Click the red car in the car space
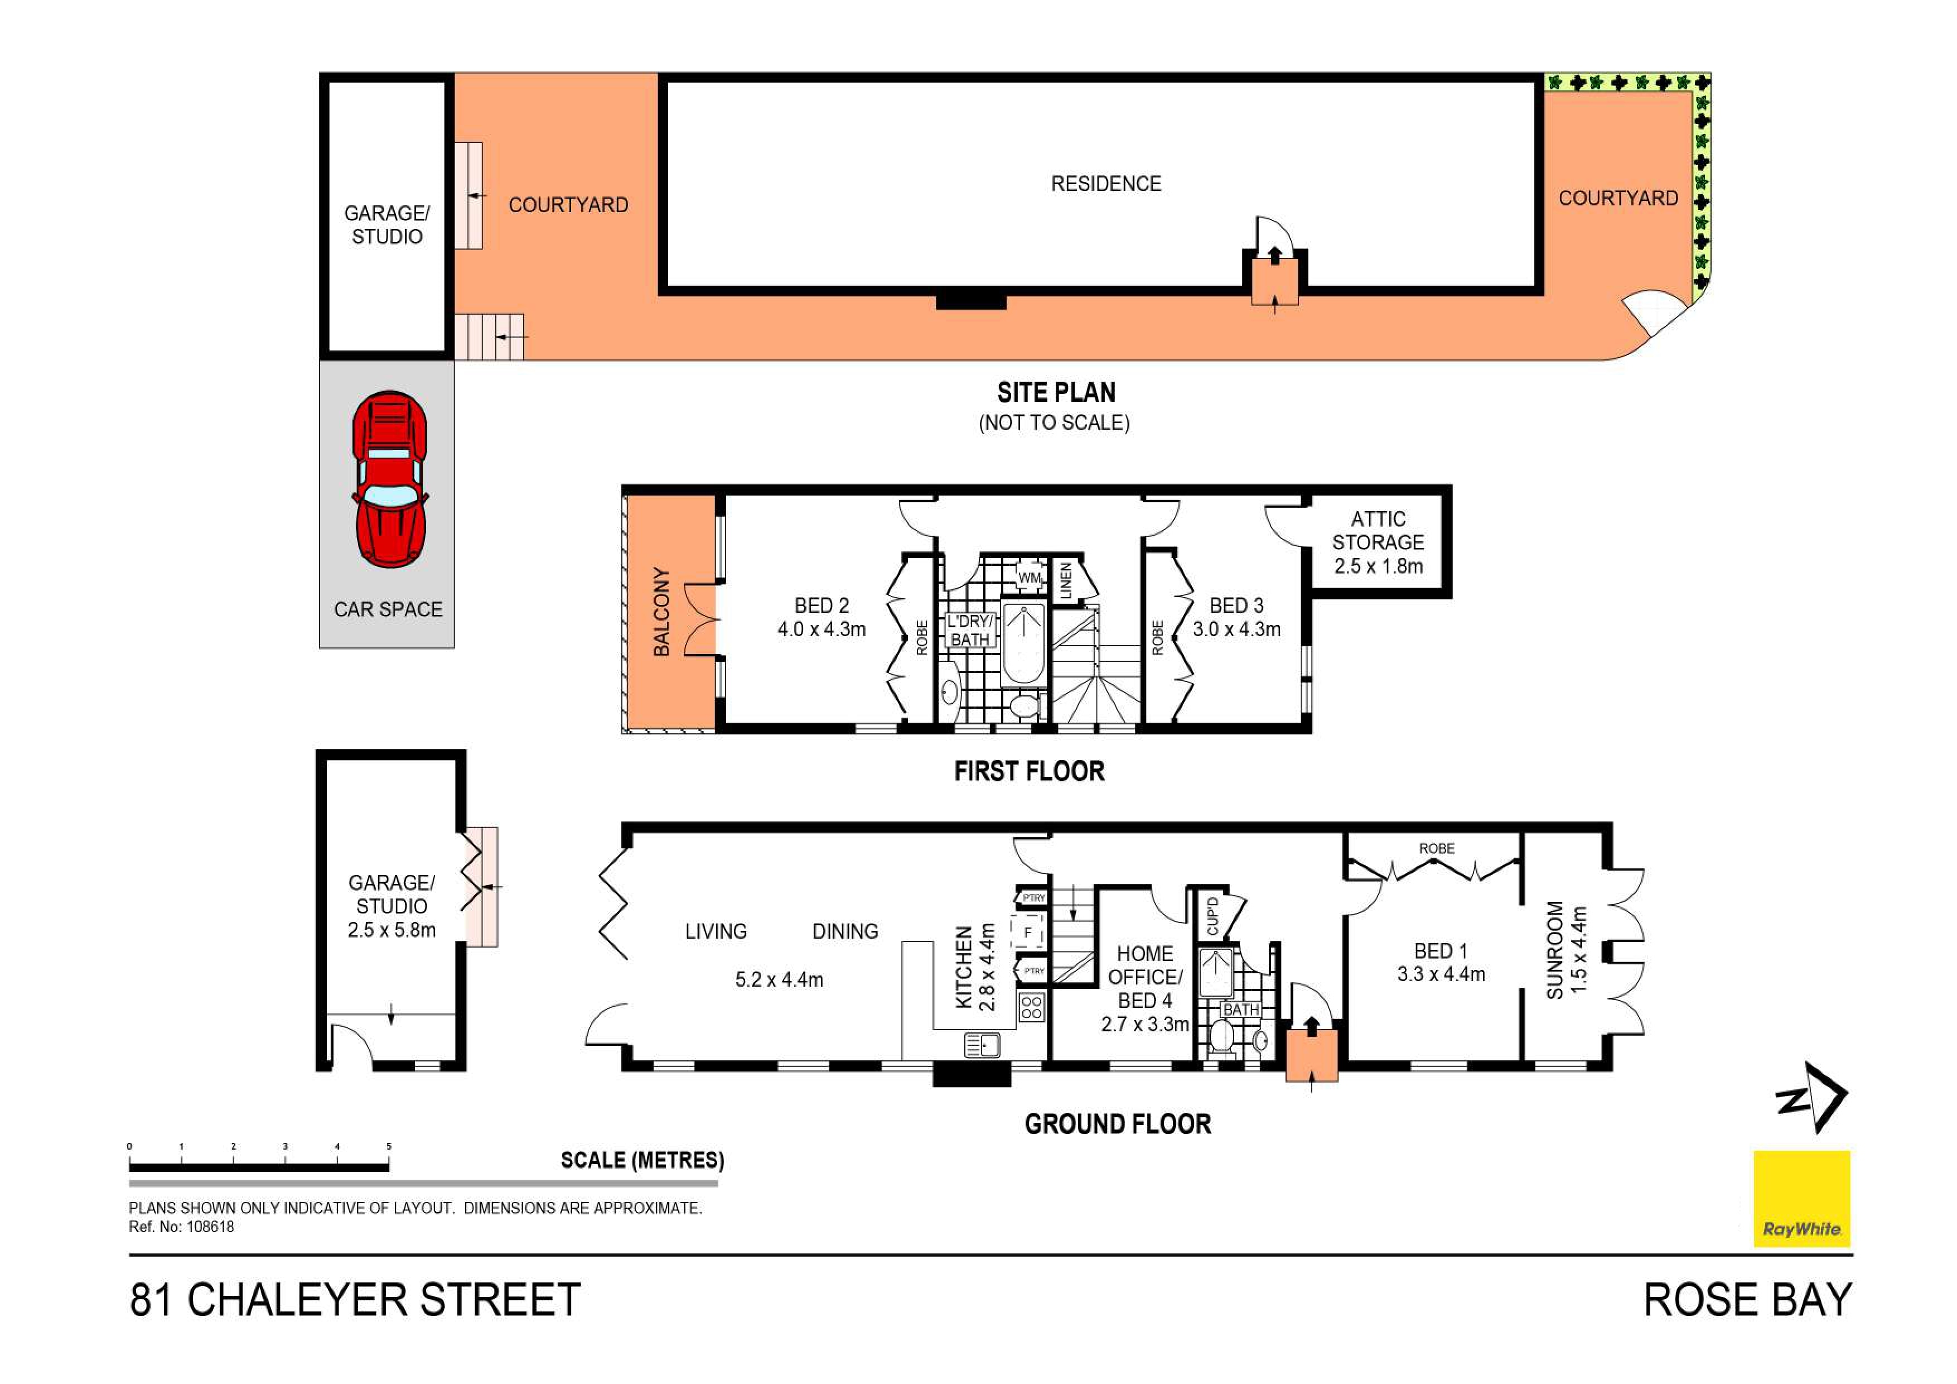[389, 479]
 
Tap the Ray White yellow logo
[1801, 1198]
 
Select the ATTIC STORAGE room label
[1378, 542]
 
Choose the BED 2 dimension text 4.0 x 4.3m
[821, 629]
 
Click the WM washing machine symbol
[1030, 576]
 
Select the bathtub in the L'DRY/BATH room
[1023, 644]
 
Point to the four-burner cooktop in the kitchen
[1031, 1007]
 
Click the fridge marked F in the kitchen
[1028, 933]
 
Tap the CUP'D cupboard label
[1212, 915]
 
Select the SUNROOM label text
[1555, 950]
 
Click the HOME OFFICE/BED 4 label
[1145, 977]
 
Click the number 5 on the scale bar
[389, 1146]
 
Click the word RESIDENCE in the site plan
[1105, 184]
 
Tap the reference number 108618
[210, 1227]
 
